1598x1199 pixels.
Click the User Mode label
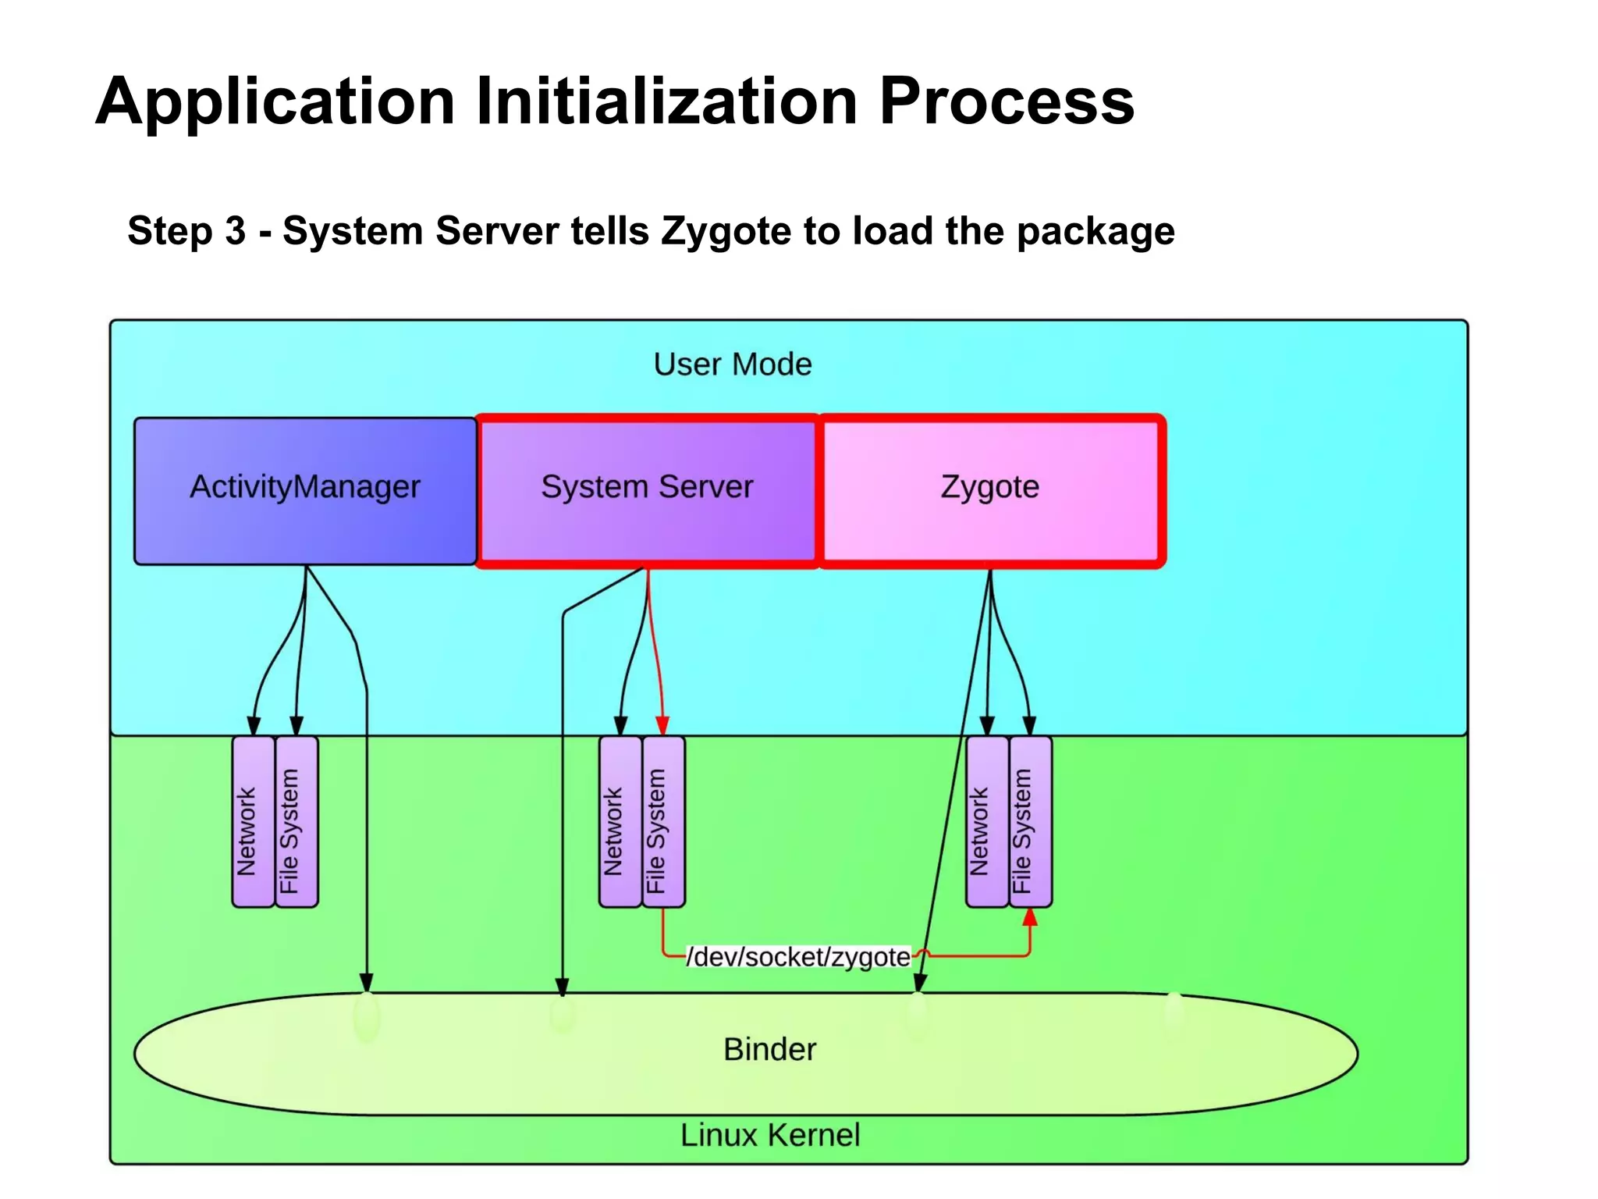pos(732,365)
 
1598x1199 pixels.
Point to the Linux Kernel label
pos(769,1135)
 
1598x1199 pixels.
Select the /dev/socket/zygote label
pos(797,957)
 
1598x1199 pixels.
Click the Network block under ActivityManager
pos(253,821)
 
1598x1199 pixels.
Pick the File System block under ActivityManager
pos(297,821)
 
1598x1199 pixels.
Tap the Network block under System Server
pos(620,821)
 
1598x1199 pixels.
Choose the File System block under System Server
pos(663,821)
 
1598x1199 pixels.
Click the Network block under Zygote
pos(986,821)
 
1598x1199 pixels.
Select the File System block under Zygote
pos(1030,821)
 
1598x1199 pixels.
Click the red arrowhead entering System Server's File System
pos(662,725)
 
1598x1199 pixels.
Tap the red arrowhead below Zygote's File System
pos(1030,918)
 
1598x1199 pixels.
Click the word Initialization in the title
pos(666,101)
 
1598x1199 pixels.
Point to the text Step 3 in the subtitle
pos(186,231)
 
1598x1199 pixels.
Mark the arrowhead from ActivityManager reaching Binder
pos(366,982)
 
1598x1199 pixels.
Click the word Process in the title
pos(1007,101)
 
